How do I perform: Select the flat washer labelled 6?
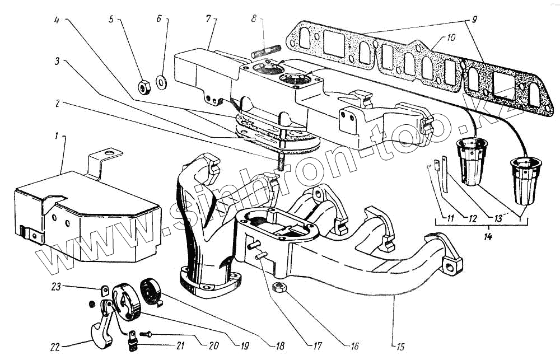161,82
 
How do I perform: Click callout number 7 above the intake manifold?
208,20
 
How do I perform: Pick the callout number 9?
474,20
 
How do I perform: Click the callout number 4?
57,20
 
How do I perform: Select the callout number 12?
470,217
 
